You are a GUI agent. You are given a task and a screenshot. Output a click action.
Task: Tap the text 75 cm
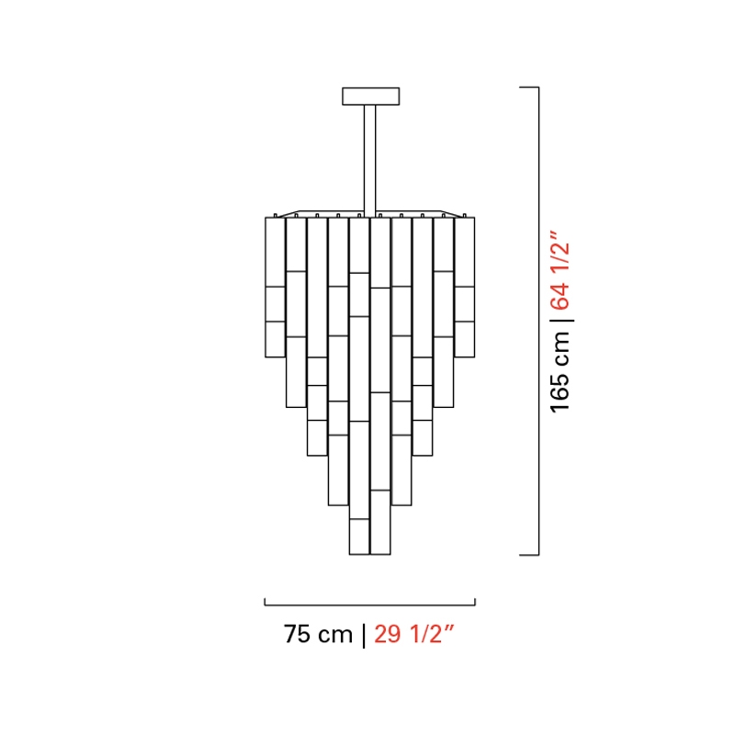click(x=318, y=634)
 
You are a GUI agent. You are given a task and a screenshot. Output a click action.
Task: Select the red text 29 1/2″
click(x=414, y=634)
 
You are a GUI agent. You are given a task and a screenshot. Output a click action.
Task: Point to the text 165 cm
click(x=560, y=372)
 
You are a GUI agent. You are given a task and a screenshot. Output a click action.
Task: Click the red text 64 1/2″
click(x=560, y=270)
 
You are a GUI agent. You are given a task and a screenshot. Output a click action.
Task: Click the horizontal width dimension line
click(x=370, y=605)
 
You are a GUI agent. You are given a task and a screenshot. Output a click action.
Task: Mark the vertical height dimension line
click(x=538, y=321)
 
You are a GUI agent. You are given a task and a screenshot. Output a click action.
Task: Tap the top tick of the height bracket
click(x=529, y=87)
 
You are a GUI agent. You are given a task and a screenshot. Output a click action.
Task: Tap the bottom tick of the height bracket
click(x=529, y=555)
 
